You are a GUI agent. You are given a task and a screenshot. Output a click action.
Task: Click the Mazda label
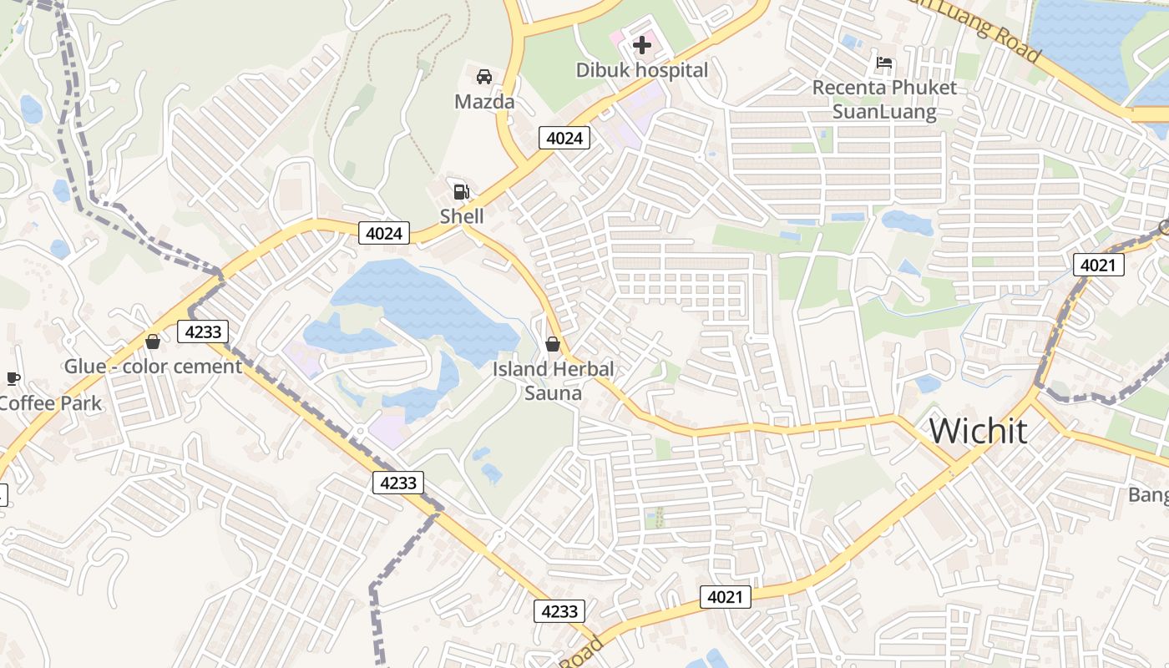[484, 102]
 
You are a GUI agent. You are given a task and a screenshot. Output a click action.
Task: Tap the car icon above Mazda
[483, 77]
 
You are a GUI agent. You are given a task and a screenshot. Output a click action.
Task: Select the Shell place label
[462, 216]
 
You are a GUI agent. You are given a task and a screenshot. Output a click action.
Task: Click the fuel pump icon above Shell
[461, 191]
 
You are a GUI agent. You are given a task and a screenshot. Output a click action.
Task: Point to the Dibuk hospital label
[642, 70]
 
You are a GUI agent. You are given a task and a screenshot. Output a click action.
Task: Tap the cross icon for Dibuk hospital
[642, 44]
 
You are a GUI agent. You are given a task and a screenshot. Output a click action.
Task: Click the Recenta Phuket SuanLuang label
[884, 99]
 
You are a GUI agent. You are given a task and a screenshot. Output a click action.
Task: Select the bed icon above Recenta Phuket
[884, 62]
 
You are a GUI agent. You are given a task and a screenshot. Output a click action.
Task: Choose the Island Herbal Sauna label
[553, 380]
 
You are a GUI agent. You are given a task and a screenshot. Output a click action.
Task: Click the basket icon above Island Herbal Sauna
[552, 343]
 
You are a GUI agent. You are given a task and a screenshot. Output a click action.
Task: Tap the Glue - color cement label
[153, 366]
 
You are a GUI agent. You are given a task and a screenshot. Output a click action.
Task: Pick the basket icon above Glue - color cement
[152, 342]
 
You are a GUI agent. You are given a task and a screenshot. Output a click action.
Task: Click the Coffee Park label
[50, 403]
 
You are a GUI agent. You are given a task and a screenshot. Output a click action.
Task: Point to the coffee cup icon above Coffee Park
[13, 378]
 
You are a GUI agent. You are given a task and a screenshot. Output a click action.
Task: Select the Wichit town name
[978, 431]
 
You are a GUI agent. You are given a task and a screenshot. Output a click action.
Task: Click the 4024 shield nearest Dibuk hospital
[564, 138]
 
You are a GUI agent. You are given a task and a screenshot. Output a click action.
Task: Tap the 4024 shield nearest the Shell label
[384, 233]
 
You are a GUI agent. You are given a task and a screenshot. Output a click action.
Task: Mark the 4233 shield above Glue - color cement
[203, 331]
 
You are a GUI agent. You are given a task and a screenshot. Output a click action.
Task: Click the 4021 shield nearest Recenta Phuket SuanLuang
[1098, 265]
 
